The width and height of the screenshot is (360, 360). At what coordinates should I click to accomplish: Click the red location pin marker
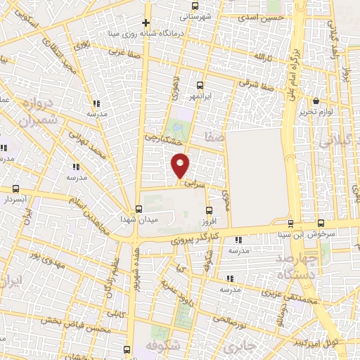pyautogui.click(x=181, y=165)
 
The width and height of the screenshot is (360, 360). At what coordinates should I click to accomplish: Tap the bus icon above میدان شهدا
pyautogui.click(x=138, y=208)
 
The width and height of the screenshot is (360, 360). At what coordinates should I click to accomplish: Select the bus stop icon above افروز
pyautogui.click(x=208, y=210)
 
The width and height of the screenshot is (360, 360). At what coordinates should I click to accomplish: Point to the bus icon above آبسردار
pyautogui.click(x=16, y=189)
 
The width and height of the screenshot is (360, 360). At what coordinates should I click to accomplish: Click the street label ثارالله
pyautogui.click(x=263, y=56)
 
